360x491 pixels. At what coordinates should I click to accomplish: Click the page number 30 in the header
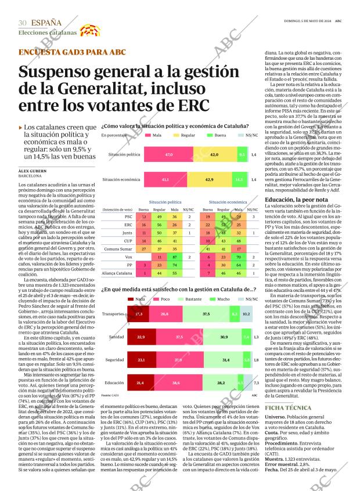pos(23,23)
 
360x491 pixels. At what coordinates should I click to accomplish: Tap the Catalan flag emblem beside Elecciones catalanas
pos(85,31)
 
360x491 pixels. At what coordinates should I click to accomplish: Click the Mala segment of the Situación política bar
pos(169,155)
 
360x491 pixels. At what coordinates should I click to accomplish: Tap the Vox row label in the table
pos(128,256)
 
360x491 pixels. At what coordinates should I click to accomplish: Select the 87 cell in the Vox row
pos(175,256)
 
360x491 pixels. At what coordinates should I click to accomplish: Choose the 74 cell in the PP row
pos(175,264)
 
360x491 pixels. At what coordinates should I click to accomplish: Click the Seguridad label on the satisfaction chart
pos(114,360)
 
